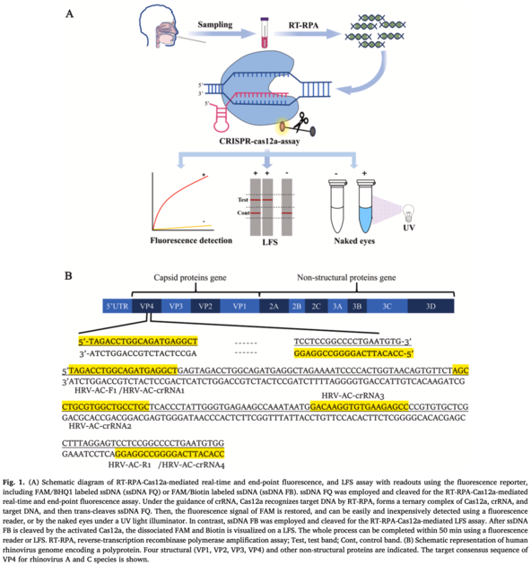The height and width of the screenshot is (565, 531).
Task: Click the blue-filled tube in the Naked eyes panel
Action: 364,204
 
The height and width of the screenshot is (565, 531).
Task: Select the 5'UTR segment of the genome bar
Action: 117,307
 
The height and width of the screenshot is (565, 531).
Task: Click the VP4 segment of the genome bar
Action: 148,307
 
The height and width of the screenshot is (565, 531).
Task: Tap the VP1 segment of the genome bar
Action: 239,307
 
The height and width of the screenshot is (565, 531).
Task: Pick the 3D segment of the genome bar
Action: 430,307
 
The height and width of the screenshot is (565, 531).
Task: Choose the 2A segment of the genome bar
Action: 274,307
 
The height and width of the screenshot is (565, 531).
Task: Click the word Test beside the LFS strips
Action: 231,199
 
